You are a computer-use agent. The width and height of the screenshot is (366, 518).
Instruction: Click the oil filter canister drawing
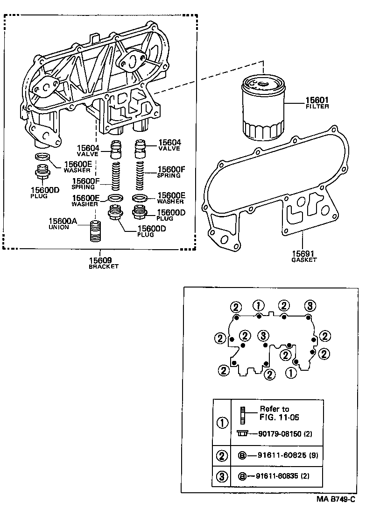click(x=262, y=110)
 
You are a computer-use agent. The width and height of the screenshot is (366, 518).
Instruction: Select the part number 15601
click(x=317, y=100)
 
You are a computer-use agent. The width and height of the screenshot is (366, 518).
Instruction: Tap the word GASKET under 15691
click(x=304, y=259)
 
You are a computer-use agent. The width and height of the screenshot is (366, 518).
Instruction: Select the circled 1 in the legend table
click(x=223, y=423)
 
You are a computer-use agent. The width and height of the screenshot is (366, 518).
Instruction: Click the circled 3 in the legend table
click(x=223, y=476)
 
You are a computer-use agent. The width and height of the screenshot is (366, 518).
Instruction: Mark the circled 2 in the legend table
click(x=223, y=455)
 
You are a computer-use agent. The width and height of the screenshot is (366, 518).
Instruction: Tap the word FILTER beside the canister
click(x=317, y=107)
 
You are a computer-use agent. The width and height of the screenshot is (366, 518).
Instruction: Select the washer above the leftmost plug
click(x=42, y=157)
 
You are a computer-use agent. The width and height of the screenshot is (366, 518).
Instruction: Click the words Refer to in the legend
click(x=274, y=409)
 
